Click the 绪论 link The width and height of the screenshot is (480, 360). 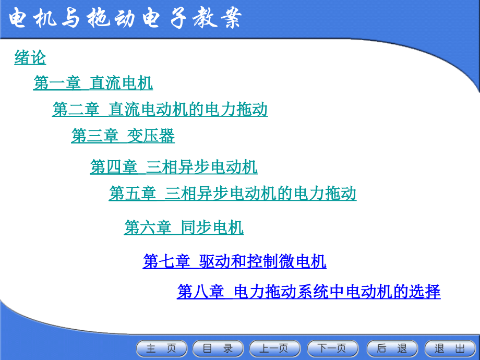click(30, 57)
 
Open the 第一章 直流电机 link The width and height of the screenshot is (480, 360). click(93, 83)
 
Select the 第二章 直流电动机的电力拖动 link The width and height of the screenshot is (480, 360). click(160, 109)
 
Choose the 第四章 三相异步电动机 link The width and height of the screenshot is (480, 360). click(173, 167)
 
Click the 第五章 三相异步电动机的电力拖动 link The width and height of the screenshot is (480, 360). click(232, 194)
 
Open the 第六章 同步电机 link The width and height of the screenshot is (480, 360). click(184, 227)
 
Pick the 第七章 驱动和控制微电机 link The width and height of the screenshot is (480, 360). click(234, 261)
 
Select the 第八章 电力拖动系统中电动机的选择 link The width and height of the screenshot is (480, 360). click(308, 291)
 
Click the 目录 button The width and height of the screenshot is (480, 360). click(218, 349)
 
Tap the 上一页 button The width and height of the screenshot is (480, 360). click(275, 349)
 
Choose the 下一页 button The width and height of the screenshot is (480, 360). click(333, 349)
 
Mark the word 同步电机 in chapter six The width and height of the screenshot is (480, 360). click(212, 227)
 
